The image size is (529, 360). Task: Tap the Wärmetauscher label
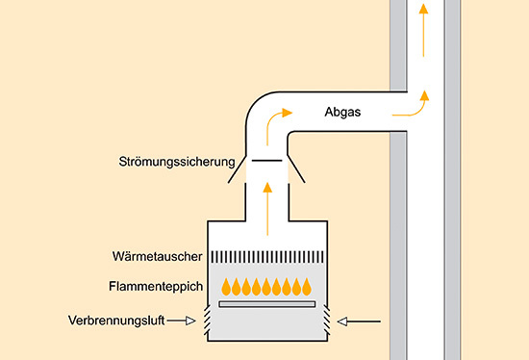click(x=157, y=258)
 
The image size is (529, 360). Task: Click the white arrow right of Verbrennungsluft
click(x=184, y=321)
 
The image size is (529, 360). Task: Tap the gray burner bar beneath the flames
click(x=267, y=303)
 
